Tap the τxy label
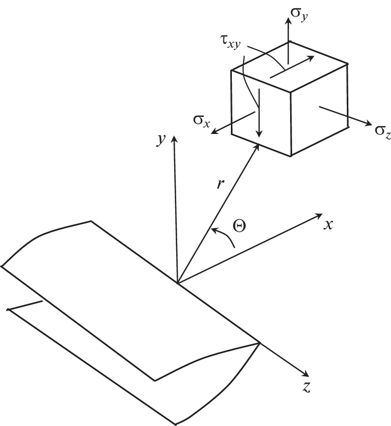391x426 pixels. coord(230,43)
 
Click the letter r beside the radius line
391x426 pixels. coord(220,185)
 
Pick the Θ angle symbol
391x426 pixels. coord(239,226)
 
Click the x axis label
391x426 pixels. coord(328,225)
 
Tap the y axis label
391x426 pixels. coord(161,139)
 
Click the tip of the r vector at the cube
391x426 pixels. coord(258,145)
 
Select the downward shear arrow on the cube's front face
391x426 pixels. coord(259,113)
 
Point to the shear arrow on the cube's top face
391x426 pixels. coord(292,67)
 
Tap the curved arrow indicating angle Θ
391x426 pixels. coord(226,235)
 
